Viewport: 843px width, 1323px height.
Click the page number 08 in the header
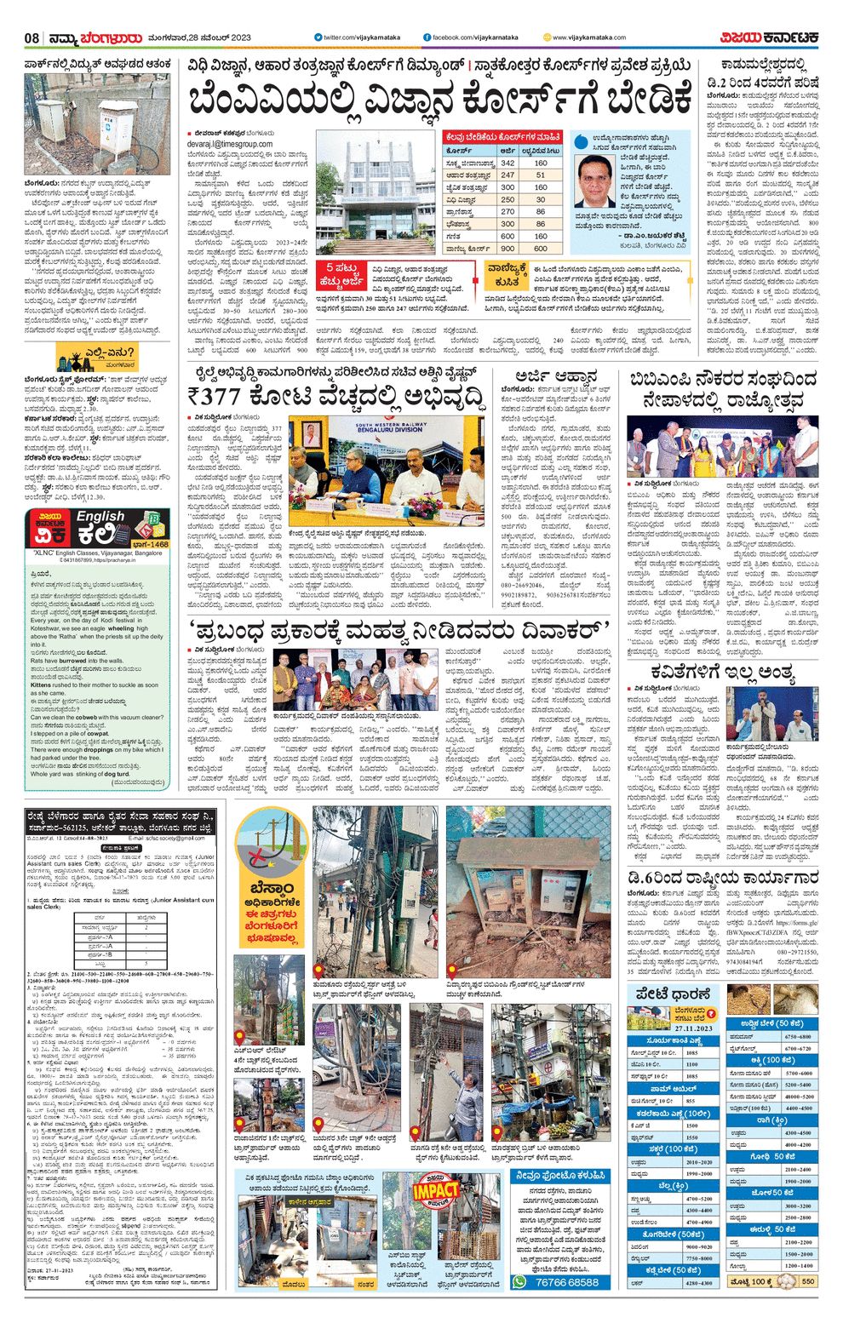[32, 38]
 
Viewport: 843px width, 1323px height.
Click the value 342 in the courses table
[508, 163]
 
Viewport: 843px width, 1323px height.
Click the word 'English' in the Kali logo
[100, 517]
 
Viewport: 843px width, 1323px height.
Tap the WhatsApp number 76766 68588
[567, 1282]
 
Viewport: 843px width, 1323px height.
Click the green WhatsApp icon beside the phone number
[520, 1282]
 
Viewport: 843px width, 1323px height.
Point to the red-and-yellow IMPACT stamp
[435, 1191]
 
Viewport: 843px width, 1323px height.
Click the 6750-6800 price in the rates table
[797, 1037]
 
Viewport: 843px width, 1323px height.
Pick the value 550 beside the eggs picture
[807, 1281]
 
